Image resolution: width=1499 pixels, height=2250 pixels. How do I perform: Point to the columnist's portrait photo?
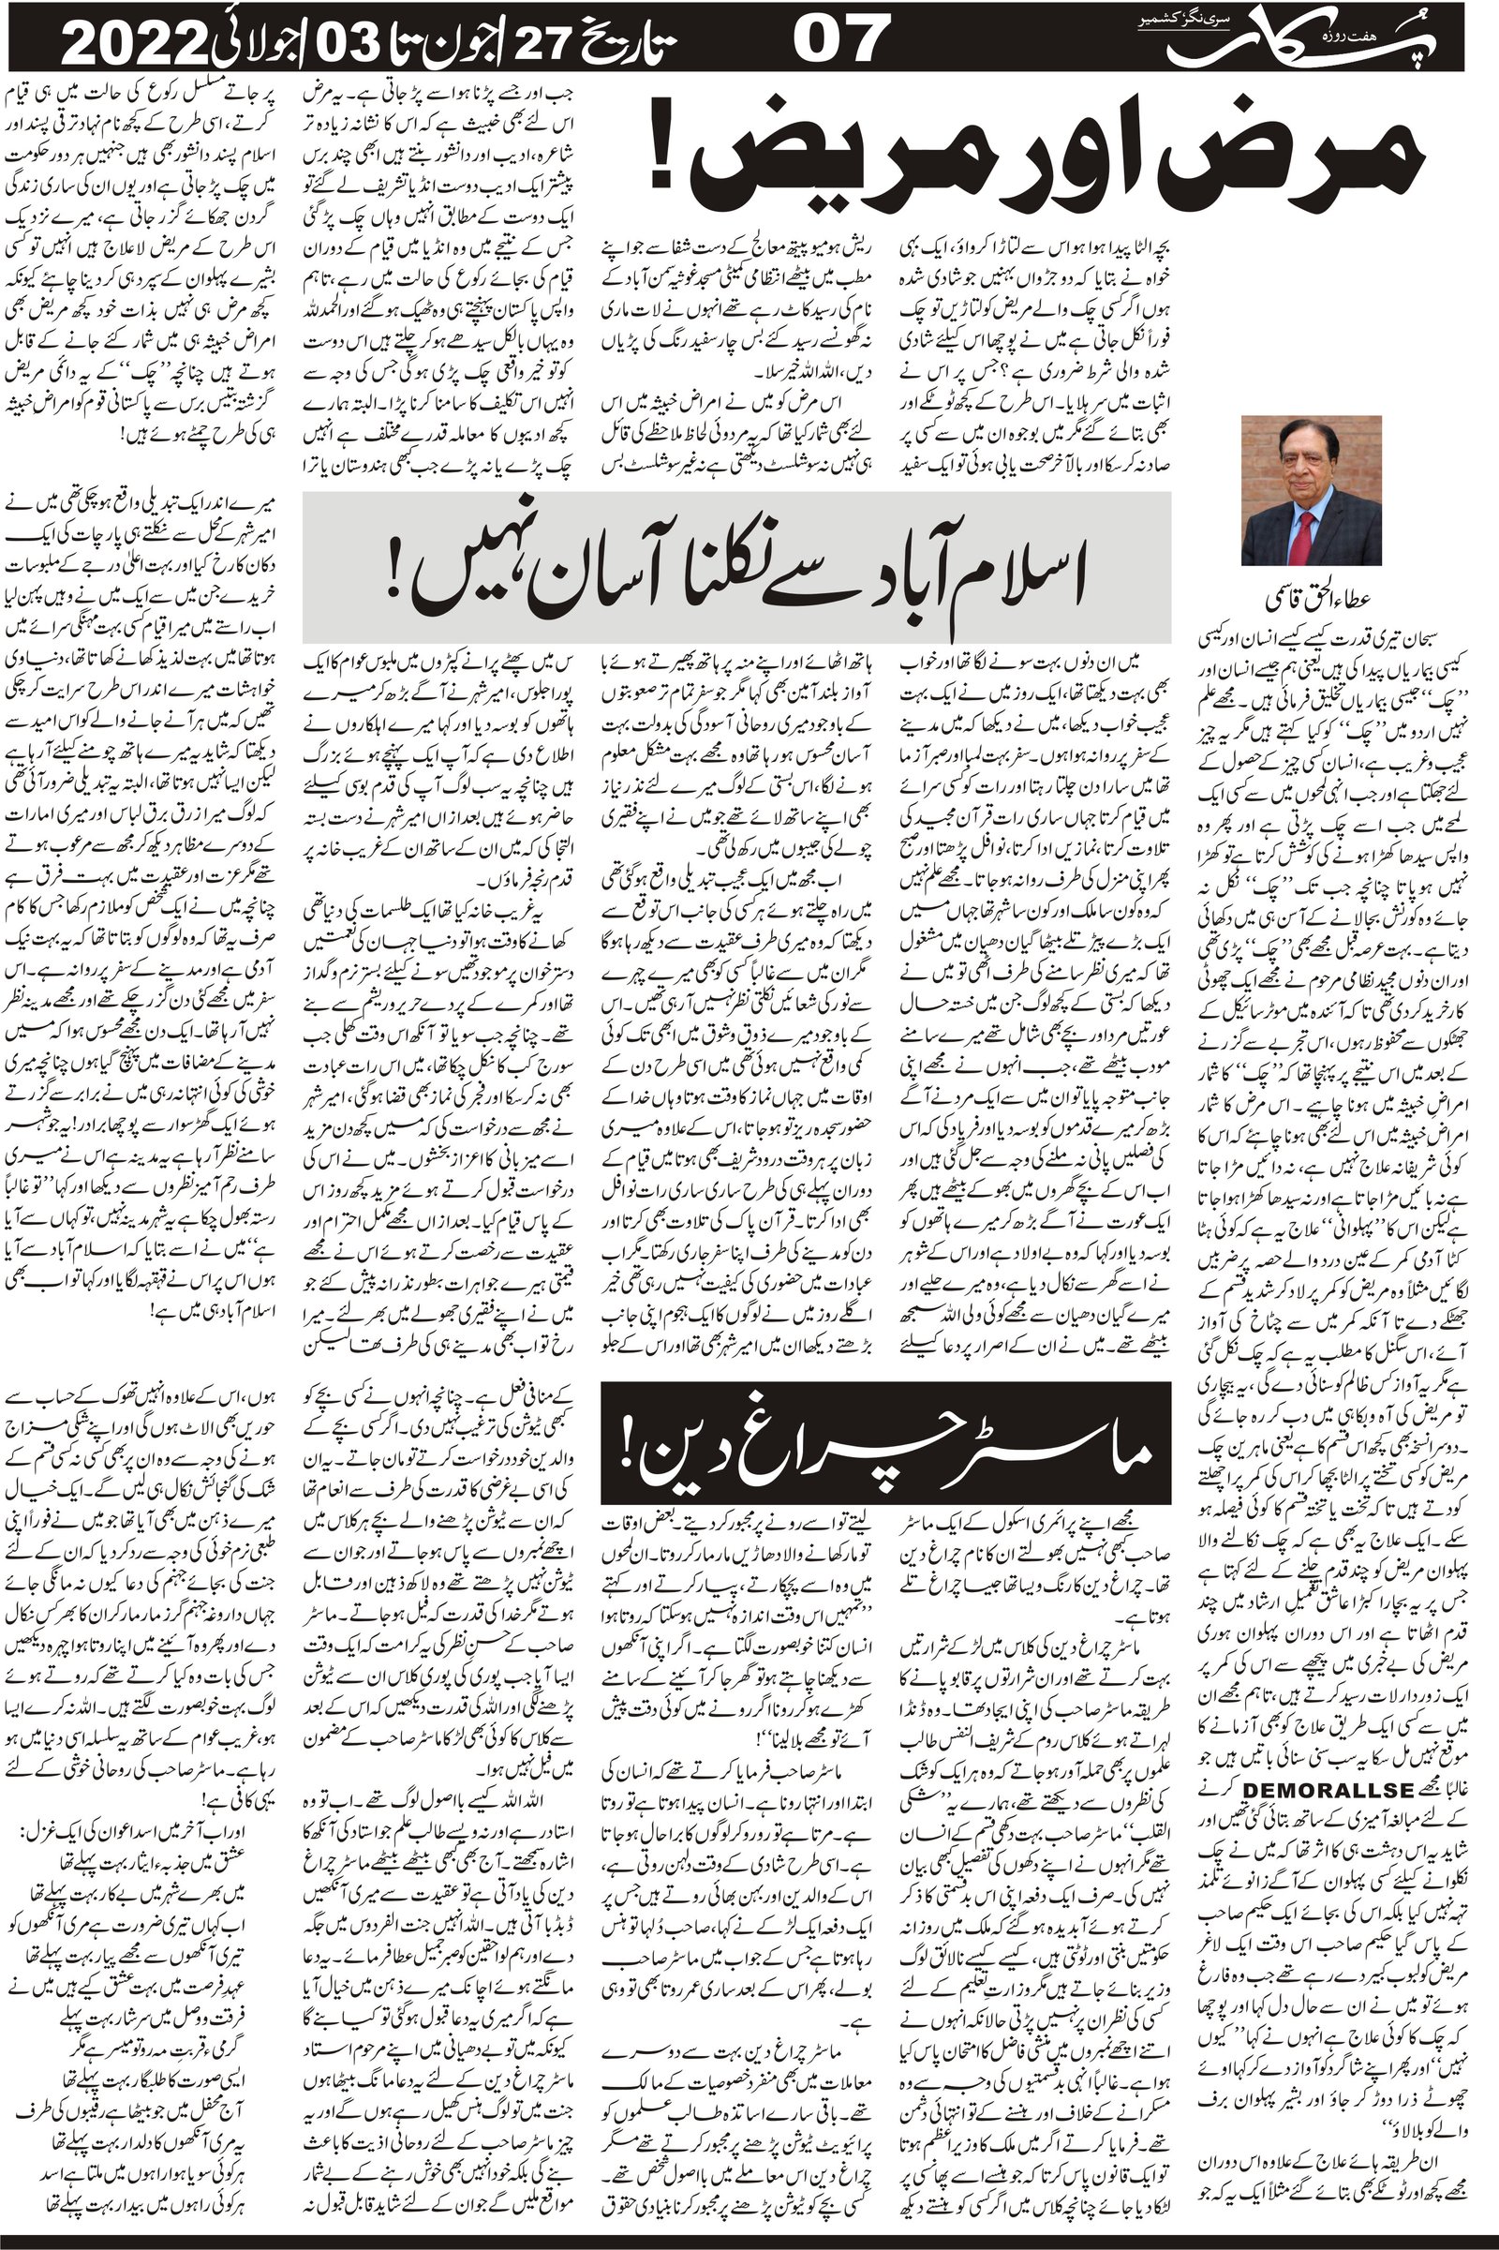1311,490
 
